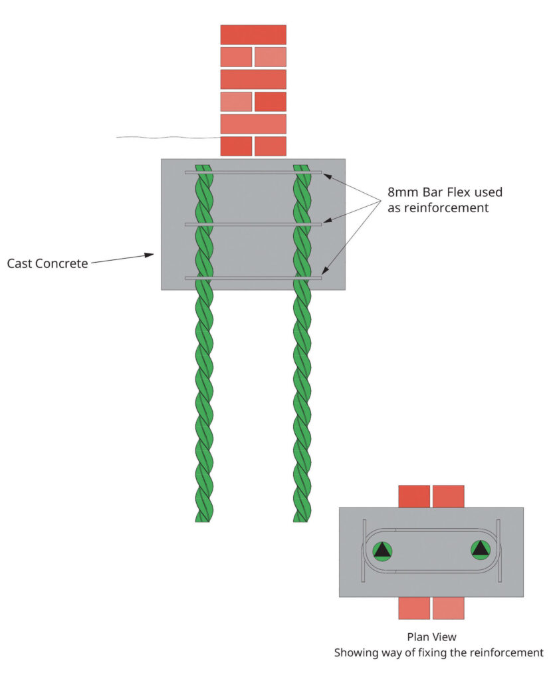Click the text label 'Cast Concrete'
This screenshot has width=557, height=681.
click(47, 263)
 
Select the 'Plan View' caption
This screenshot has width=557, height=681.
click(431, 637)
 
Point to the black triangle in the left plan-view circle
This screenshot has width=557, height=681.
click(382, 550)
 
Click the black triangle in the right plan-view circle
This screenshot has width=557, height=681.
click(479, 549)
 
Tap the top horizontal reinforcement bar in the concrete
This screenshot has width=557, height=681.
click(253, 172)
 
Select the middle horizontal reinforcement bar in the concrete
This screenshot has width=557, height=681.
click(253, 225)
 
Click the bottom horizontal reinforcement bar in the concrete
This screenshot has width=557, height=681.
click(253, 278)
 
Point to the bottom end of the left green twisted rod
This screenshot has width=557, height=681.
click(203, 517)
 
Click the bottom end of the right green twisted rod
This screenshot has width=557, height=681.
click(302, 517)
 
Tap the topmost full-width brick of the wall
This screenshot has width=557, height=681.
click(253, 35)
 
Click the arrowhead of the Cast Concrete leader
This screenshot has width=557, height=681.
click(151, 254)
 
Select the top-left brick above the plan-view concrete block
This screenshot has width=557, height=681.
click(414, 496)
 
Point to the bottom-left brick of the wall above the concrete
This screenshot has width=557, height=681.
click(236, 146)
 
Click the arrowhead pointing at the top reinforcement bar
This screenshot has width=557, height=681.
click(326, 175)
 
